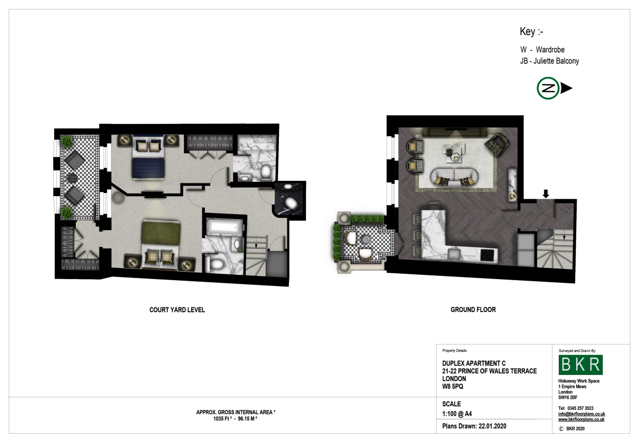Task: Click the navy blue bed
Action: [x=148, y=157]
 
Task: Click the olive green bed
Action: [x=161, y=244]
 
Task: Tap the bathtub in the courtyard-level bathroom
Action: [x=225, y=228]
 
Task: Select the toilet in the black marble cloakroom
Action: [x=292, y=203]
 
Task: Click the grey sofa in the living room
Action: [x=454, y=178]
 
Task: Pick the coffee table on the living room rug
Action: [x=454, y=153]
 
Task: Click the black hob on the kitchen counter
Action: [x=488, y=255]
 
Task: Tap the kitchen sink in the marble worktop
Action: [x=454, y=254]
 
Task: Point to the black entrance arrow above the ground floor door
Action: [x=545, y=194]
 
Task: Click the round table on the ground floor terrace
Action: [x=366, y=239]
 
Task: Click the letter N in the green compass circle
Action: [x=548, y=88]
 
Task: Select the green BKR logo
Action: [x=581, y=365]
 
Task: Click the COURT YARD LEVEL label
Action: [x=177, y=310]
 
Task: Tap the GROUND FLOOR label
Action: [x=473, y=309]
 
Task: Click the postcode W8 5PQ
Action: [x=453, y=387]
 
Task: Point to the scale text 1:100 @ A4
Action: [x=457, y=414]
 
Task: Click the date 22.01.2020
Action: [x=492, y=426]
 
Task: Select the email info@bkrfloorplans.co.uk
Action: [x=582, y=414]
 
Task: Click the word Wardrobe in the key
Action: [x=550, y=50]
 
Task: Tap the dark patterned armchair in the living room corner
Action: [x=498, y=145]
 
